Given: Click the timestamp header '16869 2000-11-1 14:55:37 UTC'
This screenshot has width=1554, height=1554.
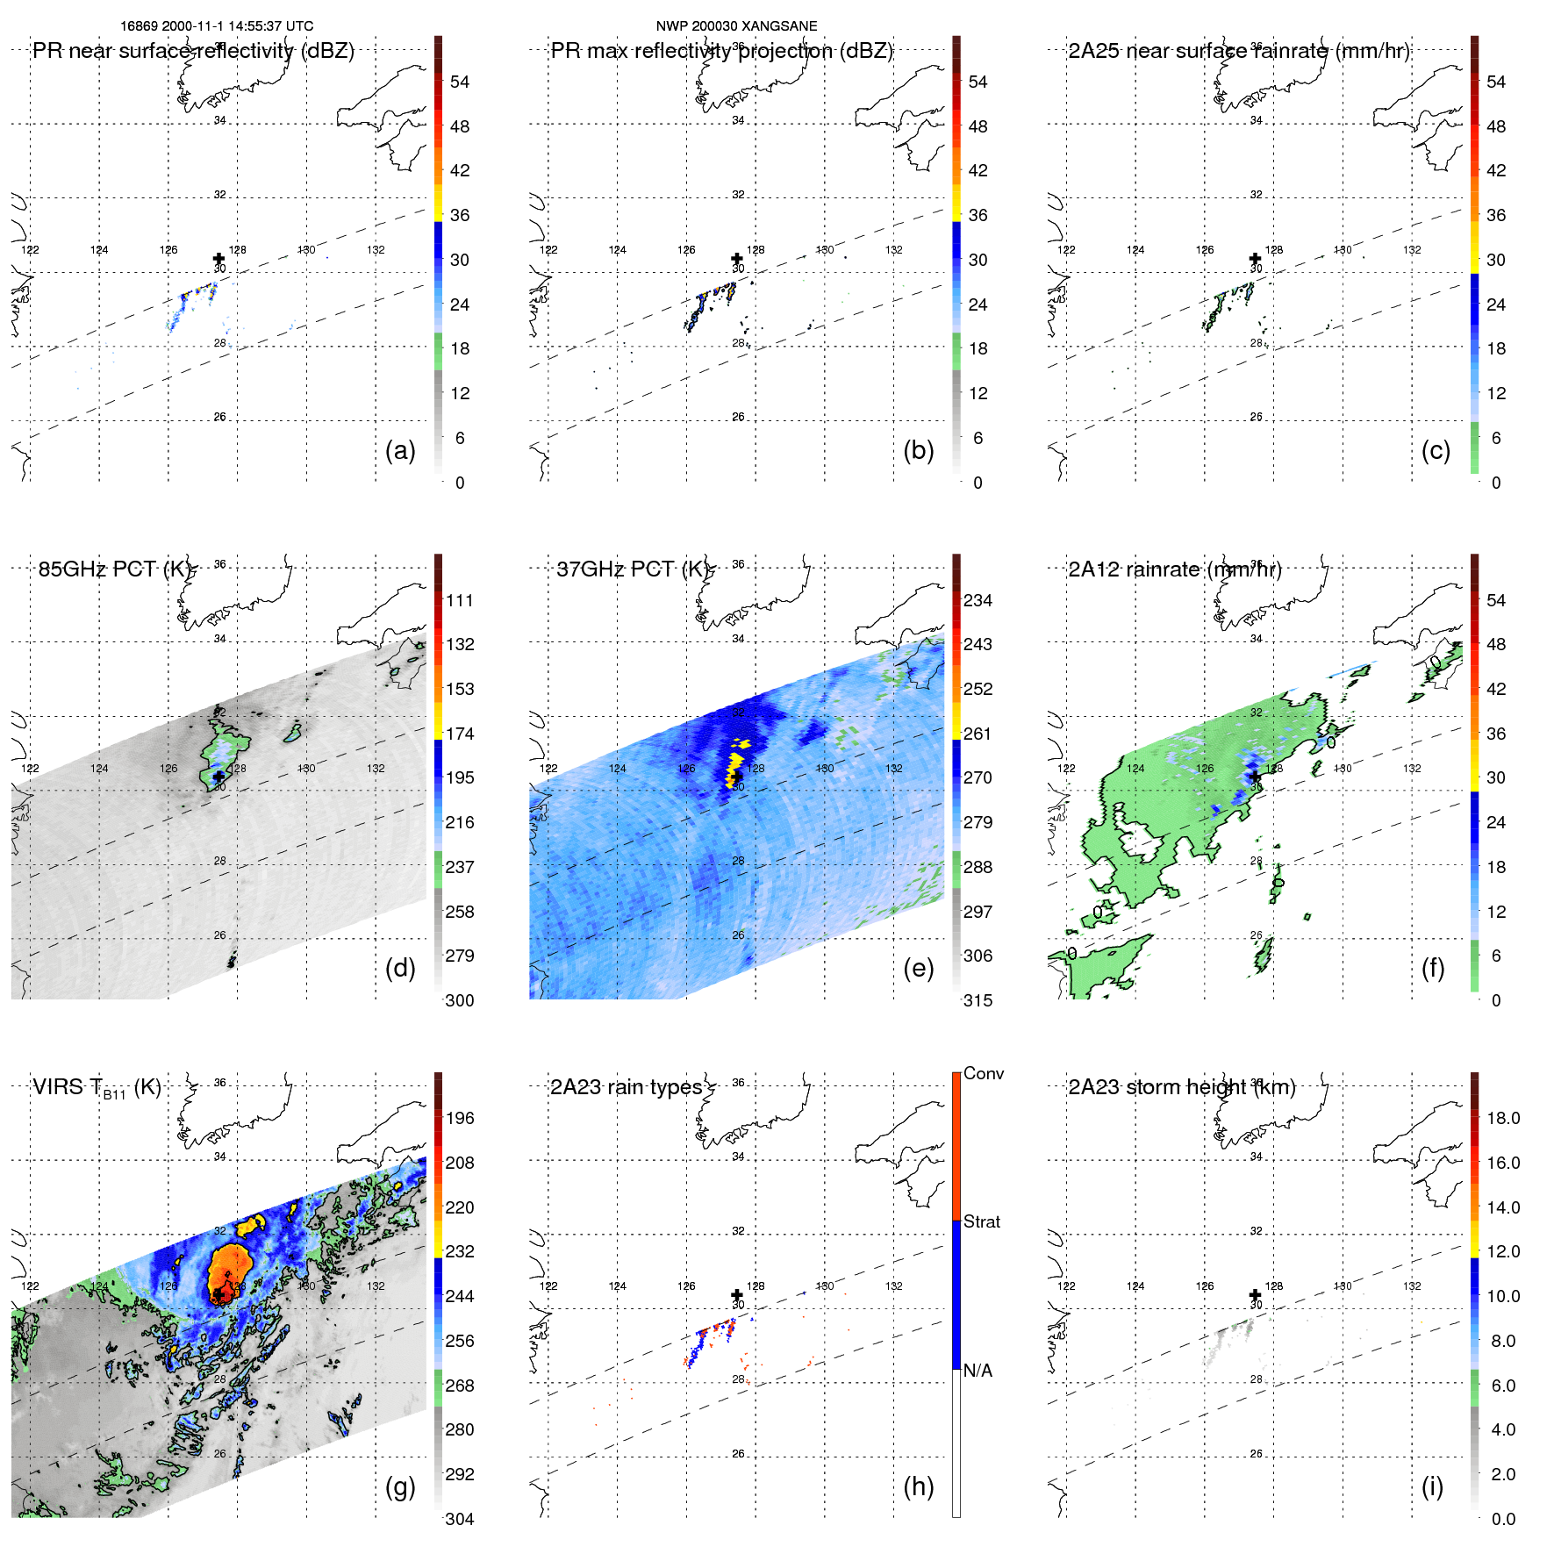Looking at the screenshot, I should pyautogui.click(x=217, y=26).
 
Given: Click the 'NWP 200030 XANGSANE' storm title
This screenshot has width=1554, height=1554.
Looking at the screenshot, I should pyautogui.click(x=736, y=26).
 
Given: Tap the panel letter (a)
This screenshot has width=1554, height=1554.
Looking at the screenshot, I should pyautogui.click(x=400, y=450).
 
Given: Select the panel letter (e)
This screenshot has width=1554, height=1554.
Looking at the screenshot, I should pyautogui.click(x=918, y=968).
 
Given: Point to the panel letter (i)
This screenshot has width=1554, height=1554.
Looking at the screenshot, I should pyautogui.click(x=1432, y=1486).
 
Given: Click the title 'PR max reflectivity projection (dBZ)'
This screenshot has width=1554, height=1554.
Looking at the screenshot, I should pyautogui.click(x=721, y=51).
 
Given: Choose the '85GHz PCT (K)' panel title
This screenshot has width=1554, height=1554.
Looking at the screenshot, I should pyautogui.click(x=114, y=569).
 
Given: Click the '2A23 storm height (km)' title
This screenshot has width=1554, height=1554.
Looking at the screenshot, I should pyautogui.click(x=1181, y=1087).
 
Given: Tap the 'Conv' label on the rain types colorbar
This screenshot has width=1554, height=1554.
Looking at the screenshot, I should pyautogui.click(x=984, y=1073).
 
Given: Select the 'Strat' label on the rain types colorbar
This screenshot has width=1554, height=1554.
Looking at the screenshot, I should pyautogui.click(x=982, y=1221).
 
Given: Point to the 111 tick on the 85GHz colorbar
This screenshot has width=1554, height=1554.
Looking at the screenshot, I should pyautogui.click(x=460, y=600).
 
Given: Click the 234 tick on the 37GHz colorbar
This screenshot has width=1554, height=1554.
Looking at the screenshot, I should pyautogui.click(x=978, y=600).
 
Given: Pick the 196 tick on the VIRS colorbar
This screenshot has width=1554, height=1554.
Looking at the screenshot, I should pyautogui.click(x=460, y=1118).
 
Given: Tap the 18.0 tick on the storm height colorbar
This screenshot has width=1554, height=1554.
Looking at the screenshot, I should pyautogui.click(x=1503, y=1118).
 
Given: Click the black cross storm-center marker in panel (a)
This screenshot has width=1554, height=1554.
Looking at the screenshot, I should pyautogui.click(x=218, y=258).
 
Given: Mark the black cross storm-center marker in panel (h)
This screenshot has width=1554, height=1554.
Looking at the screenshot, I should pyautogui.click(x=737, y=1294).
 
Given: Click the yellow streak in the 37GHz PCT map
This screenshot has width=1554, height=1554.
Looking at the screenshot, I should pyautogui.click(x=735, y=762).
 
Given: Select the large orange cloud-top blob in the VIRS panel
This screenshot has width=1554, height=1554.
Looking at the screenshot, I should pyautogui.click(x=230, y=1267).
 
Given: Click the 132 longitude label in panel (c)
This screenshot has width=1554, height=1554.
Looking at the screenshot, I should pyautogui.click(x=1412, y=250).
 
